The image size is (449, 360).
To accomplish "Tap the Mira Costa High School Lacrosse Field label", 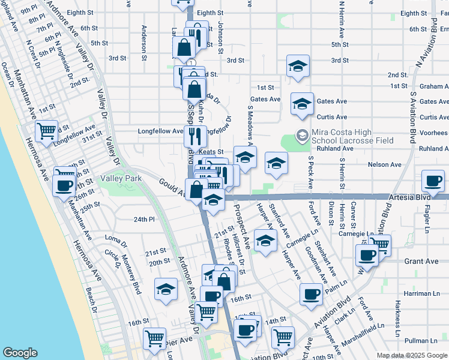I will tap(353, 136).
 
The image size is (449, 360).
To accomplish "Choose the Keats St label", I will tap(211, 152).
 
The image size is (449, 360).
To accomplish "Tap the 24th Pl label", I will tap(144, 220).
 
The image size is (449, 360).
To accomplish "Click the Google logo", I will tap(20, 353).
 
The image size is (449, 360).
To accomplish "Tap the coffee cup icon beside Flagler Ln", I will tap(433, 181).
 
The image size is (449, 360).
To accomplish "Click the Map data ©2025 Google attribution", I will tap(412, 355).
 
